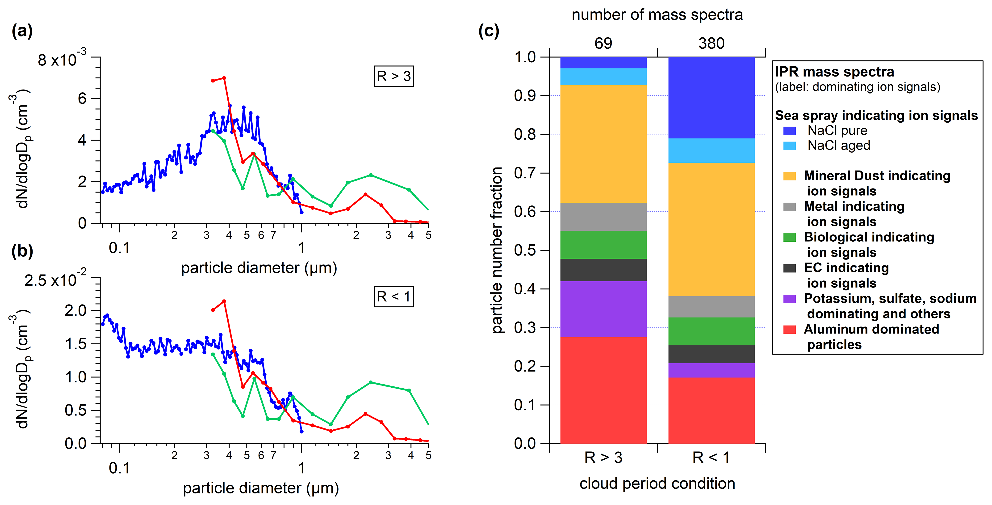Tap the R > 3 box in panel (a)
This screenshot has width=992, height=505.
tap(393, 76)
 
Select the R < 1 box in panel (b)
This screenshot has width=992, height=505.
tap(393, 296)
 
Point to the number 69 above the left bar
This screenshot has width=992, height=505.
tap(603, 43)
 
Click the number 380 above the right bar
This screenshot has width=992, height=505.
tap(711, 43)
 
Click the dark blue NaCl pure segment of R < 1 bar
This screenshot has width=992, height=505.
tap(711, 98)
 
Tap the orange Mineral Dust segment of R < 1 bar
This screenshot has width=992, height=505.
tap(711, 229)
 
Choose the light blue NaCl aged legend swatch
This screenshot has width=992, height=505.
tap(789, 146)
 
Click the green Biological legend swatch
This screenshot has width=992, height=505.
tap(789, 237)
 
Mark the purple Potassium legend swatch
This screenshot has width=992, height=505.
tap(789, 299)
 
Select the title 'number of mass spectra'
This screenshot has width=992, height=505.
tap(657, 15)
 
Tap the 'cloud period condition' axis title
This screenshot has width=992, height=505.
tap(657, 484)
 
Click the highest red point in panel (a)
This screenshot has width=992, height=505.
tap(224, 78)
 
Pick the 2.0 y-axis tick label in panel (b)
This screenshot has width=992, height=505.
tap(75, 310)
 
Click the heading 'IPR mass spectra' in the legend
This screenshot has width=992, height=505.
tap(834, 72)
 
